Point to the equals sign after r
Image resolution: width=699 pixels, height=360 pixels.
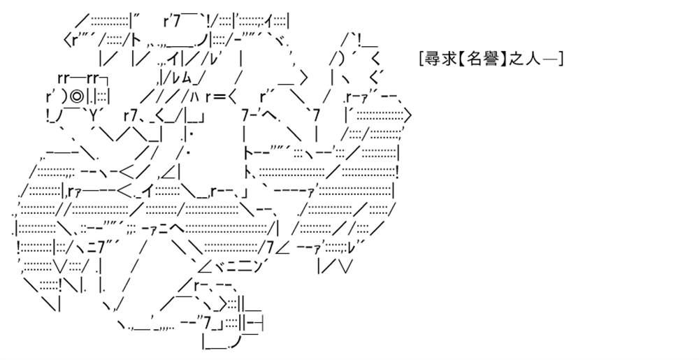(x=219, y=96)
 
